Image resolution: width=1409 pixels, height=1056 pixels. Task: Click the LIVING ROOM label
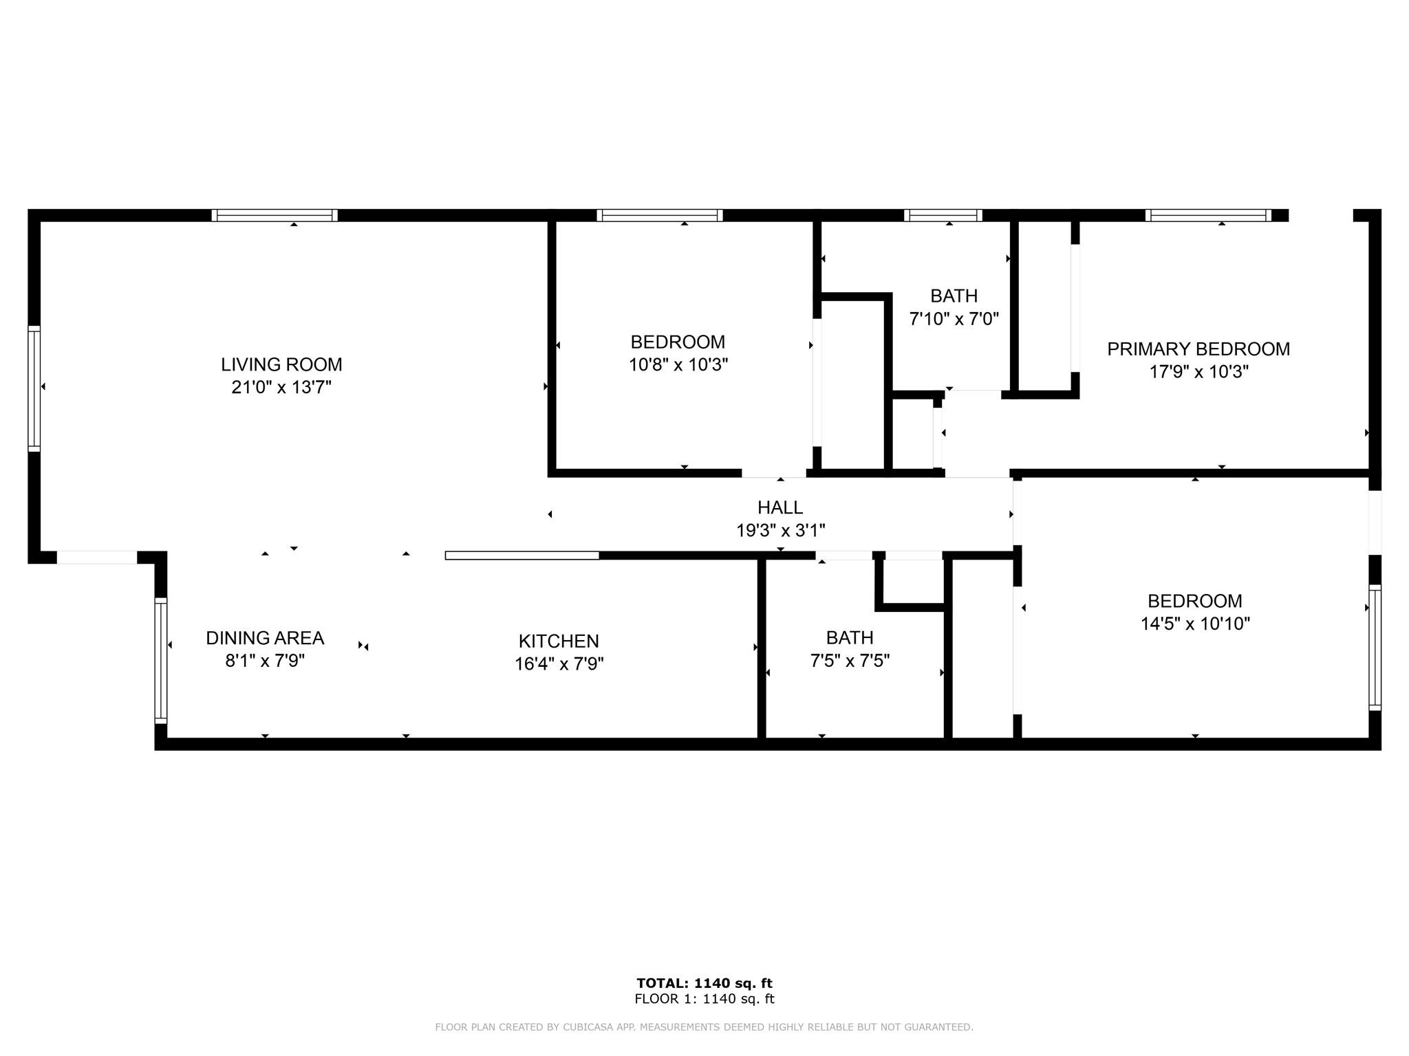coord(281,364)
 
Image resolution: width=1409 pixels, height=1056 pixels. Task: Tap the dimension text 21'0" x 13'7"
coord(281,387)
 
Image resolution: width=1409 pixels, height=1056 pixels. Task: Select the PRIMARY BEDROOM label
coord(1198,349)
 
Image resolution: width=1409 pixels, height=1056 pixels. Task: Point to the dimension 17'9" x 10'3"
coord(1198,372)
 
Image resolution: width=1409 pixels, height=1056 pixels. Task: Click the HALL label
coord(780,507)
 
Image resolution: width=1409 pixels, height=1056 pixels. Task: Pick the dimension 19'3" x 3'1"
coord(780,530)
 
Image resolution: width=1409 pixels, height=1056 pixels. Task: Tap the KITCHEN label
coord(559,641)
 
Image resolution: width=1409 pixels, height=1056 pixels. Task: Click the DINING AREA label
coord(265,638)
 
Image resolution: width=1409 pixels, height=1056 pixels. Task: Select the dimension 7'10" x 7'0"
coord(954,319)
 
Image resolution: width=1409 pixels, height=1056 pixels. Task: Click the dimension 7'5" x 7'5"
coord(850,661)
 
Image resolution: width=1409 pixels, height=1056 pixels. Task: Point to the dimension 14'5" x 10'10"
coord(1195,624)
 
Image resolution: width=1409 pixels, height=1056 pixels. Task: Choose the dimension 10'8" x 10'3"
coord(678,364)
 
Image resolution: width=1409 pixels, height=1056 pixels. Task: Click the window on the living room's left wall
coord(34,388)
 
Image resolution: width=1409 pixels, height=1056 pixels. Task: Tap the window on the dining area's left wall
coord(160,660)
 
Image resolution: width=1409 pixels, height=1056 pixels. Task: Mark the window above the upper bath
coord(943,215)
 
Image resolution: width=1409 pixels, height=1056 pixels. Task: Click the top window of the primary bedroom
coord(1208,215)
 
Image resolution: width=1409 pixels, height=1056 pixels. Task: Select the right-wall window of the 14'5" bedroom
coord(1374,647)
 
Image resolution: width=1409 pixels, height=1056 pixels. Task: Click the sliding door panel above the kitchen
coord(522,555)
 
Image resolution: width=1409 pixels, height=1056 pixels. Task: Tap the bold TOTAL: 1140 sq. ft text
coord(704,983)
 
